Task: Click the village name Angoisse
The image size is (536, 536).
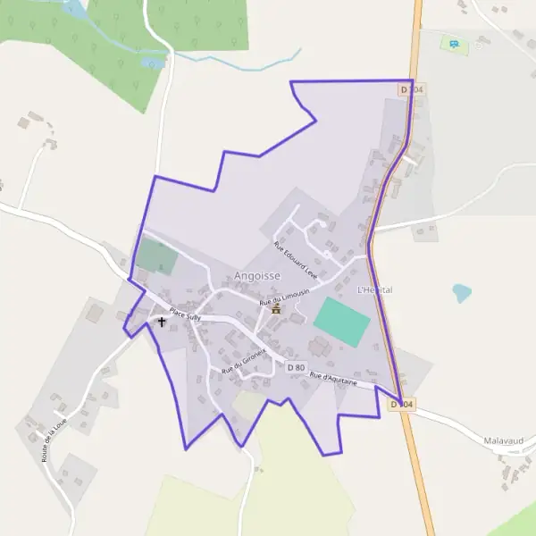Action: pos(256,276)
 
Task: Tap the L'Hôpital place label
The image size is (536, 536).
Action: pos(374,290)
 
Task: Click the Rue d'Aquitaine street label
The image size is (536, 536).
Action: pos(333,380)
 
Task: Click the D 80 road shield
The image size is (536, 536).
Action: pos(297,366)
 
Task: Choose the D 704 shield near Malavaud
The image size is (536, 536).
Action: pos(402,405)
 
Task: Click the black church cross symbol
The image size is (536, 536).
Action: pos(162,322)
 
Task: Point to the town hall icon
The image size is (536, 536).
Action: pos(275,309)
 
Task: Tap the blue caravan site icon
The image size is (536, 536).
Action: pos(455,43)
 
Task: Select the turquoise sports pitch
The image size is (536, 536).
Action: pos(341,322)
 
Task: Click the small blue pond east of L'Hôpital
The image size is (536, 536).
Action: pos(462,292)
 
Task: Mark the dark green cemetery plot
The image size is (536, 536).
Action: pos(157,257)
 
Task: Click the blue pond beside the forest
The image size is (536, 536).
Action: pos(153,63)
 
